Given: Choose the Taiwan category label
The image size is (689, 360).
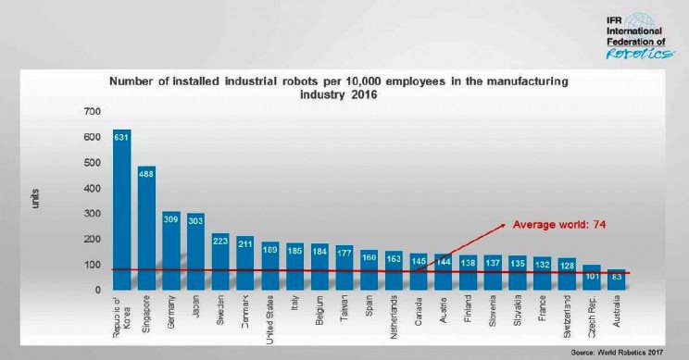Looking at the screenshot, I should click(344, 311).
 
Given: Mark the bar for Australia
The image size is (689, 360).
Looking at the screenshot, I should click(616, 279).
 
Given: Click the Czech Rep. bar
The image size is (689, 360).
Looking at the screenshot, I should click(591, 277).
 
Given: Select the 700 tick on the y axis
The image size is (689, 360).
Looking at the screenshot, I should click(91, 112).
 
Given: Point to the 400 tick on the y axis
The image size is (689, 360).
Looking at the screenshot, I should click(91, 188).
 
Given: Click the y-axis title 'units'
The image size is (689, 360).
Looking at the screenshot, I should click(34, 198).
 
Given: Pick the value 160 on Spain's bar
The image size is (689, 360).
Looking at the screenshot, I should click(370, 256).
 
